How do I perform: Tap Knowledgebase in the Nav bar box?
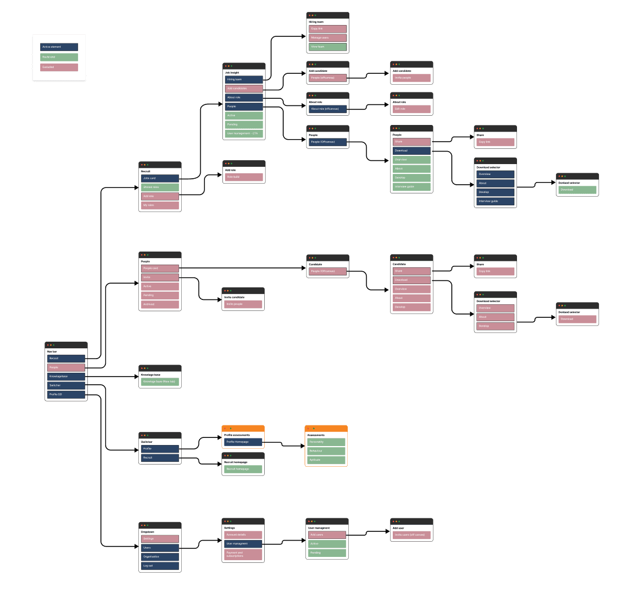[66, 377]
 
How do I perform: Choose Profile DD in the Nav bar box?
[66, 394]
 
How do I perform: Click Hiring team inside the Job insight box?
[244, 79]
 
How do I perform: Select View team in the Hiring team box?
[328, 47]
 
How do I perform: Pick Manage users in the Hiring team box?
[328, 38]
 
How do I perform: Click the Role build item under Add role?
[244, 177]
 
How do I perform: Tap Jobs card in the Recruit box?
[160, 178]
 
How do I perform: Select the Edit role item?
[412, 109]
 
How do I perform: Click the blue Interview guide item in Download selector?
[495, 201]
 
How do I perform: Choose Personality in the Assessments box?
[327, 442]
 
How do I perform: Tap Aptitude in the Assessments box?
[327, 460]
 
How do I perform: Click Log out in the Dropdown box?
[160, 566]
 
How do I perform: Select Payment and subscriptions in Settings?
[244, 555]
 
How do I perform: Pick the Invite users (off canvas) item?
[412, 535]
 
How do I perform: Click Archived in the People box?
[160, 304]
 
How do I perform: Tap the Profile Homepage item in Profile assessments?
[243, 442]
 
